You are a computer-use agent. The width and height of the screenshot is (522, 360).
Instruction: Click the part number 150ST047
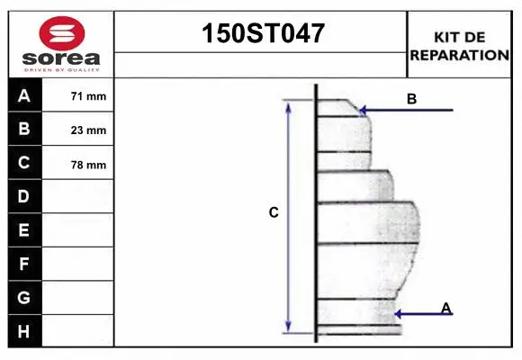tap(261, 34)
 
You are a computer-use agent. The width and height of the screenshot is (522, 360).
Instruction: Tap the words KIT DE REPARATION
tap(459, 46)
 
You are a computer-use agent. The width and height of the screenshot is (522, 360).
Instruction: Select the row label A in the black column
tap(24, 96)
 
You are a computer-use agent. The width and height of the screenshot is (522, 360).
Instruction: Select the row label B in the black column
tap(24, 130)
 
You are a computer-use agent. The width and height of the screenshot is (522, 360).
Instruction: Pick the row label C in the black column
tap(24, 163)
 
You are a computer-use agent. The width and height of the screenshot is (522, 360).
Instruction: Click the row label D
tap(24, 196)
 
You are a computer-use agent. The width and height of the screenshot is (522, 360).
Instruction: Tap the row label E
tap(24, 230)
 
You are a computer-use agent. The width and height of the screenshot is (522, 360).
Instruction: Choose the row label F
tap(24, 264)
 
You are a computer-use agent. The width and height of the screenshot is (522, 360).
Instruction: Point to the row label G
tap(24, 297)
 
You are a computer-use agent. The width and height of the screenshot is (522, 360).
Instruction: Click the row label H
tap(24, 331)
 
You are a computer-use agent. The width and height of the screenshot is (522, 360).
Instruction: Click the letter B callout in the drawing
tap(411, 99)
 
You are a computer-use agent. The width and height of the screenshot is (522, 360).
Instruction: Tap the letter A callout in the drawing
tap(445, 309)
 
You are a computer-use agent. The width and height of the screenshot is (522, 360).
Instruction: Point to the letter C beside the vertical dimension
tap(274, 213)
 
